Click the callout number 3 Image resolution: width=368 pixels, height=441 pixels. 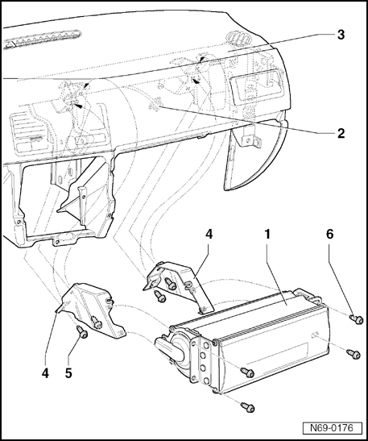tap(341, 35)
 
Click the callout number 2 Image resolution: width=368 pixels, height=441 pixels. tap(341, 133)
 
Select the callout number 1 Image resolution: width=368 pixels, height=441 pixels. tap(267, 234)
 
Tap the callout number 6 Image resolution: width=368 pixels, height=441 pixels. tap(330, 234)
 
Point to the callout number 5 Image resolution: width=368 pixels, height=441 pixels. tap(68, 373)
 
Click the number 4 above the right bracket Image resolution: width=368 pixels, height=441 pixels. tap(209, 234)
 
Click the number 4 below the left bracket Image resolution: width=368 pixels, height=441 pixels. tap(45, 373)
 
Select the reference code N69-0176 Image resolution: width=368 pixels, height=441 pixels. tap(332, 428)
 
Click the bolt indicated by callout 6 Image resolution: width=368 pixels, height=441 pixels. tap(357, 319)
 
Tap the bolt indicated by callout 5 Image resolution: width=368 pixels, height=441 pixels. tap(82, 332)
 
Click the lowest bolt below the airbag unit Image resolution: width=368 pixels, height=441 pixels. tap(248, 407)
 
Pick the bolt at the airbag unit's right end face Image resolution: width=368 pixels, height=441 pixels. tap(354, 354)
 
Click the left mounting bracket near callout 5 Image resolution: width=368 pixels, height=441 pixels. tap(89, 310)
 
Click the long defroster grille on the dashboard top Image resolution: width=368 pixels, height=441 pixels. tap(42, 39)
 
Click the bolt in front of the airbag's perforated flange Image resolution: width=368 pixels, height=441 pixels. tap(248, 372)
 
